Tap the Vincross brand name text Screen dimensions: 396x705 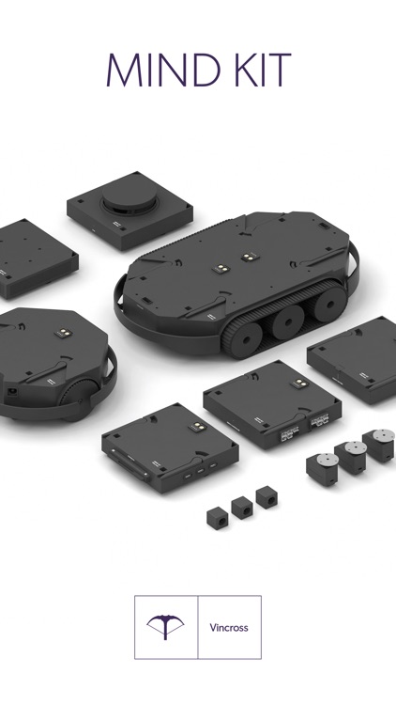point(229,627)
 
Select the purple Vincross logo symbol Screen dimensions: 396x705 point(165,627)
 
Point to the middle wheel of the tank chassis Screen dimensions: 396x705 point(288,321)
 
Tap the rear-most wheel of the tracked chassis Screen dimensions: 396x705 point(329,305)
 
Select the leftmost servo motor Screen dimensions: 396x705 point(323,469)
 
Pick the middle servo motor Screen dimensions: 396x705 point(352,457)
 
